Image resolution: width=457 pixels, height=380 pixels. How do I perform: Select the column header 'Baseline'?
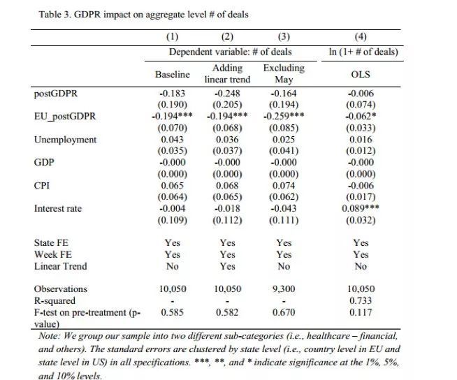[x=173, y=74]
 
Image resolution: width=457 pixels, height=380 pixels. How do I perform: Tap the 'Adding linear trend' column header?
[x=228, y=73]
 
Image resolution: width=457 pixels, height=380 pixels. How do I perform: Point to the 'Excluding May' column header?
[x=284, y=73]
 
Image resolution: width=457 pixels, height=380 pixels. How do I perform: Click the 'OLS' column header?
[x=361, y=74]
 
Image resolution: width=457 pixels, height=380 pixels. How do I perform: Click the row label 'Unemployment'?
[x=65, y=140]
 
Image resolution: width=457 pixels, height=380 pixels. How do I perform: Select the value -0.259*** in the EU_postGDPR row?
[x=284, y=116]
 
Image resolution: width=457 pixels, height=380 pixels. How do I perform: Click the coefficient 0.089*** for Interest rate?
[x=361, y=208]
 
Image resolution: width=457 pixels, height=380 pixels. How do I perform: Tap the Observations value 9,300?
[x=284, y=288]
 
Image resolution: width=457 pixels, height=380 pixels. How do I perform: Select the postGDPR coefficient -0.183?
[x=173, y=94]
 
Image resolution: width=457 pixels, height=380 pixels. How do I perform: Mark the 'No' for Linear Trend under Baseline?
[x=173, y=266]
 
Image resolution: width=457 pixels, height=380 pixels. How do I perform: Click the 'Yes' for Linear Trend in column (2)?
[x=228, y=266]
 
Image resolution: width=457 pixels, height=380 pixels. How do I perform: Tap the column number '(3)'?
[x=284, y=37]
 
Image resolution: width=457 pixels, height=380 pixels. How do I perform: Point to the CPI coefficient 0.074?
[x=284, y=185]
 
